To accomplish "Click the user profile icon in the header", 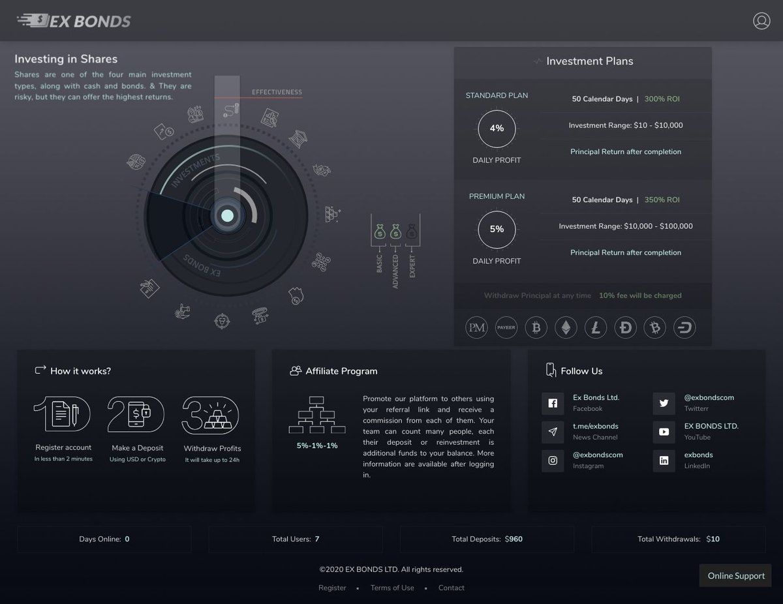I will (761, 21).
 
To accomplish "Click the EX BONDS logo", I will (74, 21).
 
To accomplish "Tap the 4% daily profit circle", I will (497, 128).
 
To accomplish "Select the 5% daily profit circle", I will (497, 229).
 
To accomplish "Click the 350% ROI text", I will (662, 200).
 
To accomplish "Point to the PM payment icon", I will (477, 327).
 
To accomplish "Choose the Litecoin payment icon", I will (595, 327).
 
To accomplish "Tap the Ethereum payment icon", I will (566, 327).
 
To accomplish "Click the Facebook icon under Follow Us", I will (553, 404).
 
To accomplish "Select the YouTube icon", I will (664, 432).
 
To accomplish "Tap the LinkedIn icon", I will (664, 461).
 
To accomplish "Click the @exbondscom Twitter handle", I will (708, 397).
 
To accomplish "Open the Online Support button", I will (736, 576).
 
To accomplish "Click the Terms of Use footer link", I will (392, 588).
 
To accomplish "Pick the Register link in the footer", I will (332, 588).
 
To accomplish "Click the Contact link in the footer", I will (451, 588).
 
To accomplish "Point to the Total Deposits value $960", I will (514, 539).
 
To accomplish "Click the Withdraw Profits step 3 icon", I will (211, 414).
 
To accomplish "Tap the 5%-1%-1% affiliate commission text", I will (317, 445).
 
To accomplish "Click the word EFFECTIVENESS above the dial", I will (277, 92).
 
